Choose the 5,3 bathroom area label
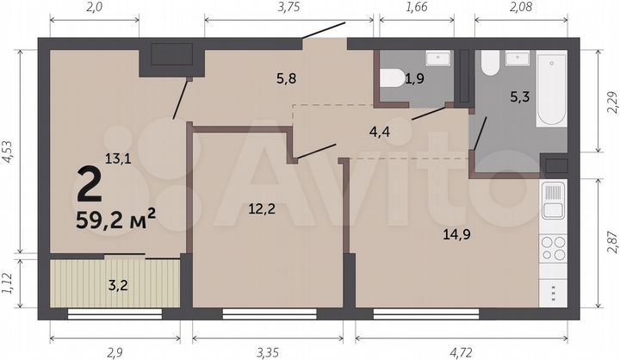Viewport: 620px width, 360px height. coord(519,97)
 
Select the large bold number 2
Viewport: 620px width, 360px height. coord(88,183)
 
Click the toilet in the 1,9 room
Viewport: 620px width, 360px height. coord(389,78)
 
